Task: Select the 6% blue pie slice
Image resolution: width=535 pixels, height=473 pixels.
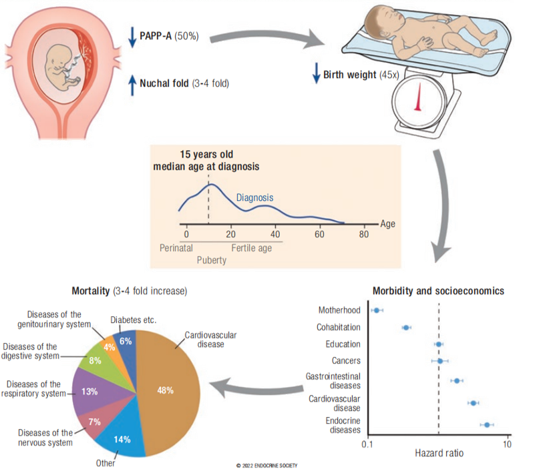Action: [x=126, y=341]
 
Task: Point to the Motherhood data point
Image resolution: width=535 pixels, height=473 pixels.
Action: [x=377, y=310]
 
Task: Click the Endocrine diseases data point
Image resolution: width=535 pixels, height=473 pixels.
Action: [x=488, y=424]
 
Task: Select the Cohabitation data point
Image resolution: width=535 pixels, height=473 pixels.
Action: [x=406, y=328]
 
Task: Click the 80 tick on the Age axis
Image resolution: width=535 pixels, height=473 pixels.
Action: [x=364, y=234]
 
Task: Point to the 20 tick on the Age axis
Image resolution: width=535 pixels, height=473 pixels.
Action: [x=231, y=234]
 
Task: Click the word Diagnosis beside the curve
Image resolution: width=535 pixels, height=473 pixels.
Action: [x=254, y=198]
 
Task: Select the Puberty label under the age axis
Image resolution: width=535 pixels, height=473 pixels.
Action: [x=211, y=260]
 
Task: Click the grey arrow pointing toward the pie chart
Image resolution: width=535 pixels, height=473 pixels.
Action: [x=254, y=387]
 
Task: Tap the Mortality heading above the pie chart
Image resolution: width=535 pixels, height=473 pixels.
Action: [x=129, y=292]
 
